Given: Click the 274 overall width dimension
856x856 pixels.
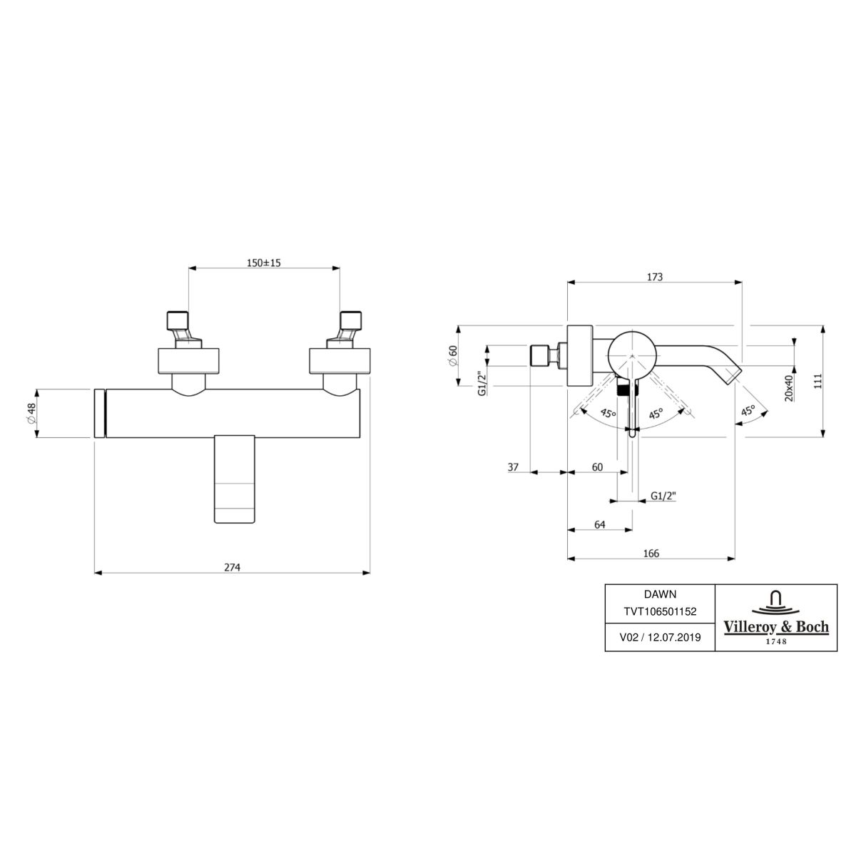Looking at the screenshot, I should pyautogui.click(x=233, y=568).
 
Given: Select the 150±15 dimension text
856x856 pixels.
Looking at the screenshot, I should pyautogui.click(x=264, y=263).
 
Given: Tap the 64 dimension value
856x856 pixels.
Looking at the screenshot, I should pyautogui.click(x=599, y=524).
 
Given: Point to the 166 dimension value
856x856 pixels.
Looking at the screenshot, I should pyautogui.click(x=651, y=554).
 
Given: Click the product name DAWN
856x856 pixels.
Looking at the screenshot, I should pyautogui.click(x=660, y=593).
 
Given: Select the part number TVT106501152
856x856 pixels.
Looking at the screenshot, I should pyautogui.click(x=660, y=611).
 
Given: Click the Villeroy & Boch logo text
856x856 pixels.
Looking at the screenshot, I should pyautogui.click(x=776, y=627).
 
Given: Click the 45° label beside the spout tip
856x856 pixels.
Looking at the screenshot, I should pyautogui.click(x=747, y=411).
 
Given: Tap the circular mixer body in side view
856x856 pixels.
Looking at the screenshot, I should pyautogui.click(x=630, y=351).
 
